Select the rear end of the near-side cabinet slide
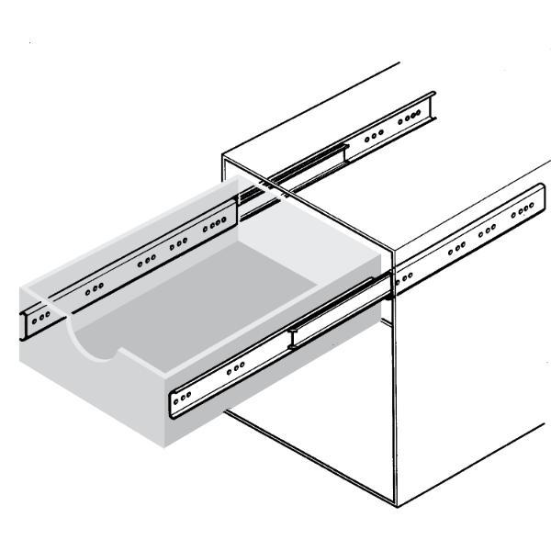pos(538,197)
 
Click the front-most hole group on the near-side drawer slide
pos(184,396)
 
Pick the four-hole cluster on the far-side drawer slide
pos(218,223)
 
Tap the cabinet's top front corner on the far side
pos(223,157)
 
